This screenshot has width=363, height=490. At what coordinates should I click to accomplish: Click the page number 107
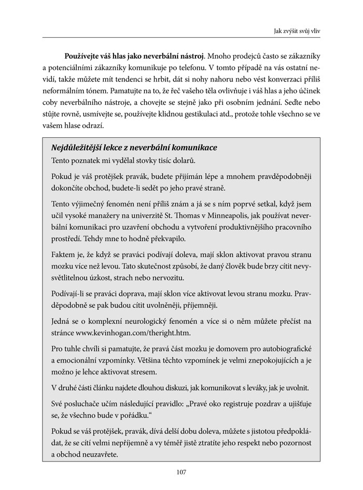coord(181,472)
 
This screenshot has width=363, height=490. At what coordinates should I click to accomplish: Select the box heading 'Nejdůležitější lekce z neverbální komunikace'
coord(134,148)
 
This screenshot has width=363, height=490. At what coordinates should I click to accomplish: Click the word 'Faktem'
coord(64,256)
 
